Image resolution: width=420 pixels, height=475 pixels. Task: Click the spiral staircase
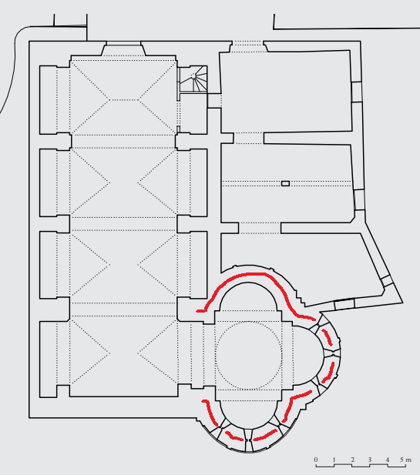[x=193, y=79]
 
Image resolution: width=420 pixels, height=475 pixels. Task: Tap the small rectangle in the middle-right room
[x=285, y=183]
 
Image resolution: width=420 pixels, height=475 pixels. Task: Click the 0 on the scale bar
[x=316, y=460]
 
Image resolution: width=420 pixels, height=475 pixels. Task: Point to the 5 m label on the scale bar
[x=405, y=460]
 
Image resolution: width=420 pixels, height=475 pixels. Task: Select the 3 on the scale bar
[x=370, y=460]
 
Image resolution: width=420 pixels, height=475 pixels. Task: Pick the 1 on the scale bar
[x=334, y=460]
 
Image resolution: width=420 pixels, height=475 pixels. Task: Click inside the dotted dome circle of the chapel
[x=249, y=356]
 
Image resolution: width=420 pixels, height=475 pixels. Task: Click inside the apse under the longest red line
[x=248, y=299]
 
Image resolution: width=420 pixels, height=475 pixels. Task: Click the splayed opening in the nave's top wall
[x=123, y=50]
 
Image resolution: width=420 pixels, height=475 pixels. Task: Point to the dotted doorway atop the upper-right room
[x=247, y=47]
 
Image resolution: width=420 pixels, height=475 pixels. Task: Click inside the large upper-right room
[x=286, y=92]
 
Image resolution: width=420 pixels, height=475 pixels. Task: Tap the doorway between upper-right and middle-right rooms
[x=249, y=138]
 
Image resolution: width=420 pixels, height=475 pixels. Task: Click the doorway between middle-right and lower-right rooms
[x=260, y=228]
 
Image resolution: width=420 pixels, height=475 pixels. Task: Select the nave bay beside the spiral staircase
[x=123, y=98]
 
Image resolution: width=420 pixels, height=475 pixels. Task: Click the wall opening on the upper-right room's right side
[x=357, y=92]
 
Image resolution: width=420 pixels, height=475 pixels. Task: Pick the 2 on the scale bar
[x=352, y=460]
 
